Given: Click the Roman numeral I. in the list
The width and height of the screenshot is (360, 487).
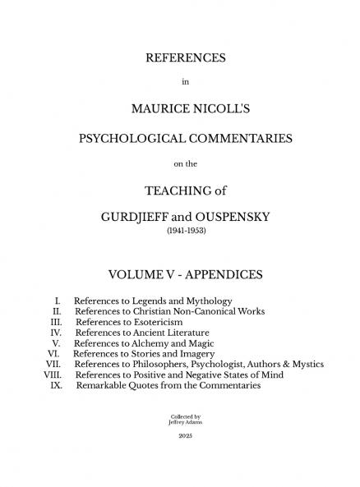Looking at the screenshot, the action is [x=58, y=301].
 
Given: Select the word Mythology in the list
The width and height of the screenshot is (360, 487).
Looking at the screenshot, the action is [x=205, y=301].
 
